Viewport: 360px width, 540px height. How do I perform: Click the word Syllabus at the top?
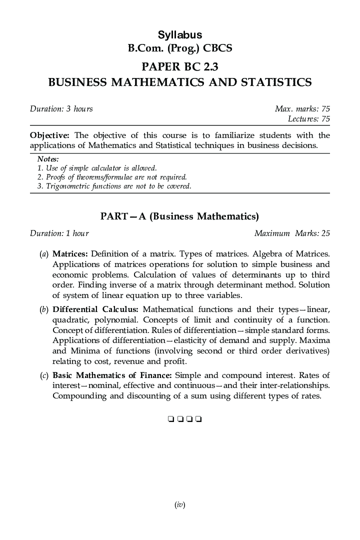point(179,35)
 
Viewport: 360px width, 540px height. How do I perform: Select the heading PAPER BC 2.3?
point(179,66)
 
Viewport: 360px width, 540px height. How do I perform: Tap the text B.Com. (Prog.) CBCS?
point(179,49)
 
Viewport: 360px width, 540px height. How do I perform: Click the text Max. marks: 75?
point(302,109)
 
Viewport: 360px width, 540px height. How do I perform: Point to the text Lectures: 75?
point(308,119)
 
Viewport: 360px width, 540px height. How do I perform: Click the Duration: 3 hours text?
point(61,109)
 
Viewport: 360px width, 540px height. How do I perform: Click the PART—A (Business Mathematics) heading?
point(179,216)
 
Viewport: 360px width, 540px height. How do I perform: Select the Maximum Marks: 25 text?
point(292,233)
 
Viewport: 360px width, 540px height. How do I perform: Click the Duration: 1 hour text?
point(59,233)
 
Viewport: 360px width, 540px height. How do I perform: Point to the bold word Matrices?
point(70,253)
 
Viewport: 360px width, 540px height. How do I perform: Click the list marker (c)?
point(43,375)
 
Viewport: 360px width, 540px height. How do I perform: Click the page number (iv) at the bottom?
point(180,505)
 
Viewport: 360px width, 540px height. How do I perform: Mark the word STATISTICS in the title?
point(270,82)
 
